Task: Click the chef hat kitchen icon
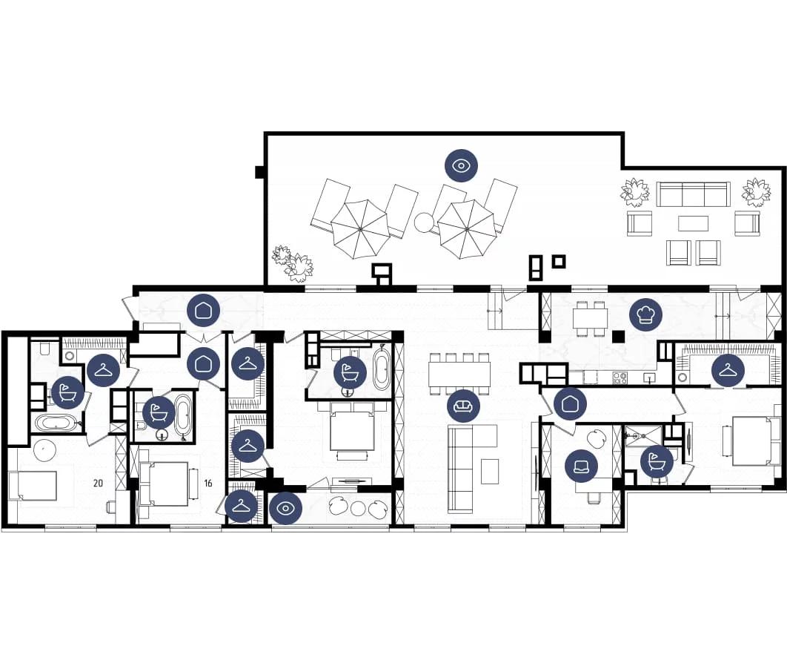(x=646, y=314)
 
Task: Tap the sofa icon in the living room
(x=463, y=406)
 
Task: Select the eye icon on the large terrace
(x=461, y=165)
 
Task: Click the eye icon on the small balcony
(x=285, y=509)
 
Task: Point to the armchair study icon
(x=581, y=466)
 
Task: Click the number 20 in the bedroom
(x=98, y=484)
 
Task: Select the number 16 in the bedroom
(x=207, y=484)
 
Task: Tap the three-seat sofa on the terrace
(x=693, y=194)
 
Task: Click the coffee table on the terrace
(x=693, y=223)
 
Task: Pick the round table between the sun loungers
(x=424, y=222)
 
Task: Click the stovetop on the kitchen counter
(x=620, y=377)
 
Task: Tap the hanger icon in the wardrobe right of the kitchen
(x=728, y=371)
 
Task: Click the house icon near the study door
(x=570, y=403)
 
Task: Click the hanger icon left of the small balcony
(x=242, y=506)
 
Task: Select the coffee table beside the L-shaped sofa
(x=490, y=472)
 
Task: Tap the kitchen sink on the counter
(x=650, y=377)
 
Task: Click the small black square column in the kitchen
(x=619, y=336)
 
